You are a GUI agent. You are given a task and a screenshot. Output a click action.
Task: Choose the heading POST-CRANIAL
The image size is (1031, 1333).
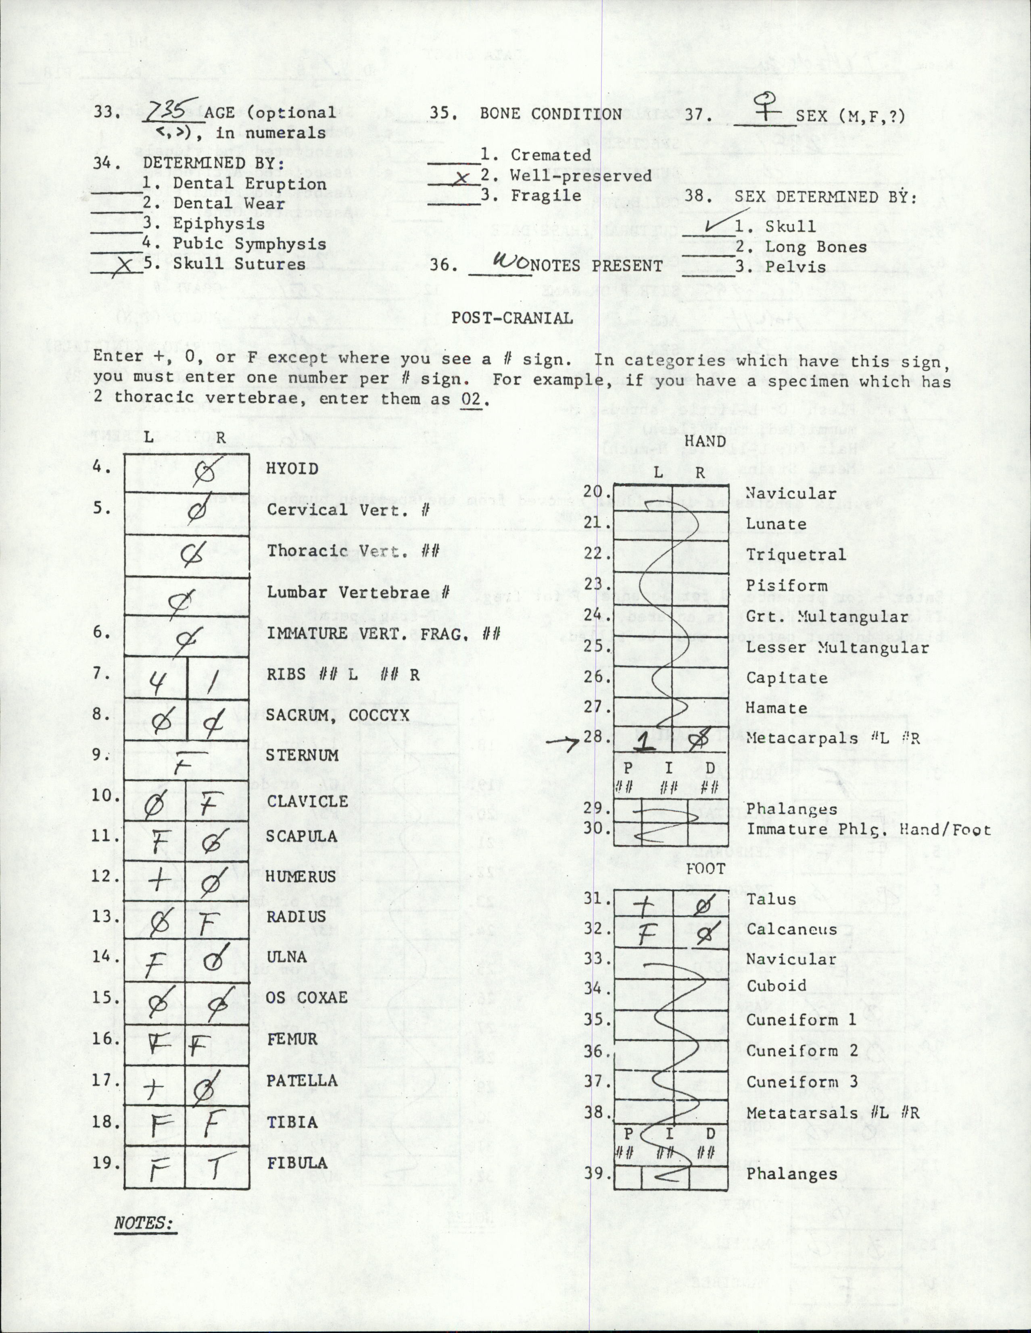pyautogui.click(x=512, y=318)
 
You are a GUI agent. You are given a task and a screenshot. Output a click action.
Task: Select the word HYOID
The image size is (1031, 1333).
pyautogui.click(x=292, y=469)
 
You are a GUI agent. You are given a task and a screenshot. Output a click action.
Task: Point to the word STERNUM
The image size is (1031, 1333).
pyautogui.click(x=301, y=755)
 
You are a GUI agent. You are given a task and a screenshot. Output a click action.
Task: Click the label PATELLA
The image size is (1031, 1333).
pyautogui.click(x=302, y=1080)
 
